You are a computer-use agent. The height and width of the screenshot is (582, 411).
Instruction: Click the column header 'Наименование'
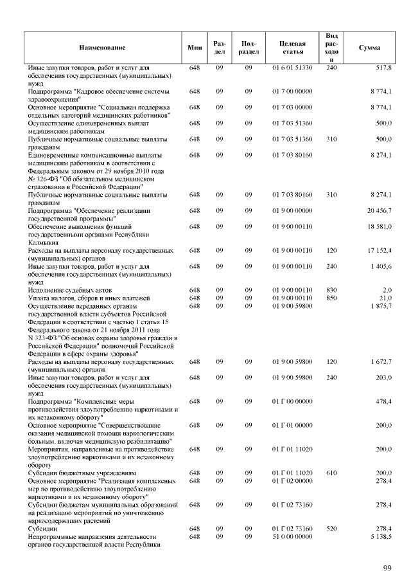tap(102, 48)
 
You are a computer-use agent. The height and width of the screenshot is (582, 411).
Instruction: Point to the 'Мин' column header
tap(194, 48)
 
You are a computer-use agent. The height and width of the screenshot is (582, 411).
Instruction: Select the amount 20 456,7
tap(380, 211)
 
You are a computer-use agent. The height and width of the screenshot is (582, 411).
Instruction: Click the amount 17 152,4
tap(380, 250)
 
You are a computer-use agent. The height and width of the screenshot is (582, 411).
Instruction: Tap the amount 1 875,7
tap(381, 306)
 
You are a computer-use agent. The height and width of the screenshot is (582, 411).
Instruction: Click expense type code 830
tap(331, 291)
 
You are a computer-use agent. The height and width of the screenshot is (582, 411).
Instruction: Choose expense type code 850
tap(331, 298)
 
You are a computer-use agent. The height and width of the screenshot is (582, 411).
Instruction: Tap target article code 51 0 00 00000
tap(292, 536)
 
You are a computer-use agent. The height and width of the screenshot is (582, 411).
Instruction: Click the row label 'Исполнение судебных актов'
tap(70, 291)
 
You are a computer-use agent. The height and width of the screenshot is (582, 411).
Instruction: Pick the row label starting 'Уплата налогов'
tap(89, 298)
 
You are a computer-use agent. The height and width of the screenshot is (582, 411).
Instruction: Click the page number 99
tap(387, 567)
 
